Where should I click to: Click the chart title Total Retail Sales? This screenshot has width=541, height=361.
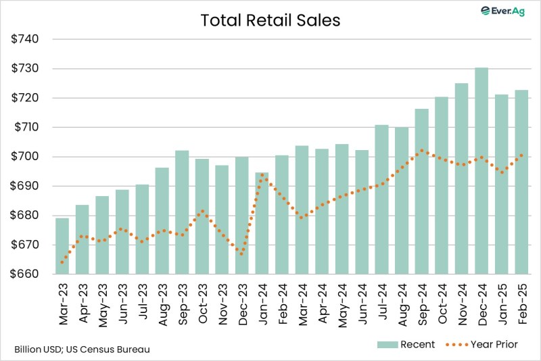tap(270, 20)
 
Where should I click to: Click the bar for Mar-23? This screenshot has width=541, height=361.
tap(62, 246)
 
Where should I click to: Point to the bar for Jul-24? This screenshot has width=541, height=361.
tap(381, 199)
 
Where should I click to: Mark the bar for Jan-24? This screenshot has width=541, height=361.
tap(262, 223)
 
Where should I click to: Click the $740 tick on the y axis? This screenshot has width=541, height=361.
tap(25, 39)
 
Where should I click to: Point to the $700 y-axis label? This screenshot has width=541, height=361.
tap(25, 157)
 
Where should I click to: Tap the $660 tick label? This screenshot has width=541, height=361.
tap(25, 274)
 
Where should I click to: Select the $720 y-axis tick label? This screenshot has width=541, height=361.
tap(25, 98)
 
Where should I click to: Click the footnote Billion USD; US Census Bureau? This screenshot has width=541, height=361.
tap(82, 350)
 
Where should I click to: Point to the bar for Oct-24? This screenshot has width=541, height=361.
tap(442, 185)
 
